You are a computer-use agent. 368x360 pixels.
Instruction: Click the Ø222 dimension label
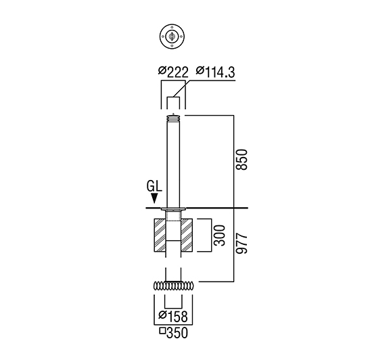tap(173, 72)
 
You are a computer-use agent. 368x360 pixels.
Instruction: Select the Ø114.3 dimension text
tap(215, 72)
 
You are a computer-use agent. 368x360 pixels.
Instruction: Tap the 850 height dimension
tap(241, 160)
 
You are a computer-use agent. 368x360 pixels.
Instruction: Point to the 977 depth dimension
tap(241, 244)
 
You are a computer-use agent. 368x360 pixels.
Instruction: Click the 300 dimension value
tap(220, 235)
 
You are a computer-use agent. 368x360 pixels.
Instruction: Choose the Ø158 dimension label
tap(173, 316)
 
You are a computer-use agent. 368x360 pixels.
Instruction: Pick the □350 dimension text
tap(174, 332)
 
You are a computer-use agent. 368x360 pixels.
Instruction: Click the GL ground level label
tap(154, 186)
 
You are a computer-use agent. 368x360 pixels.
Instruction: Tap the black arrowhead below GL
tap(154, 198)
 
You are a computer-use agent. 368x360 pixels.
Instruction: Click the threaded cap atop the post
tap(173, 118)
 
